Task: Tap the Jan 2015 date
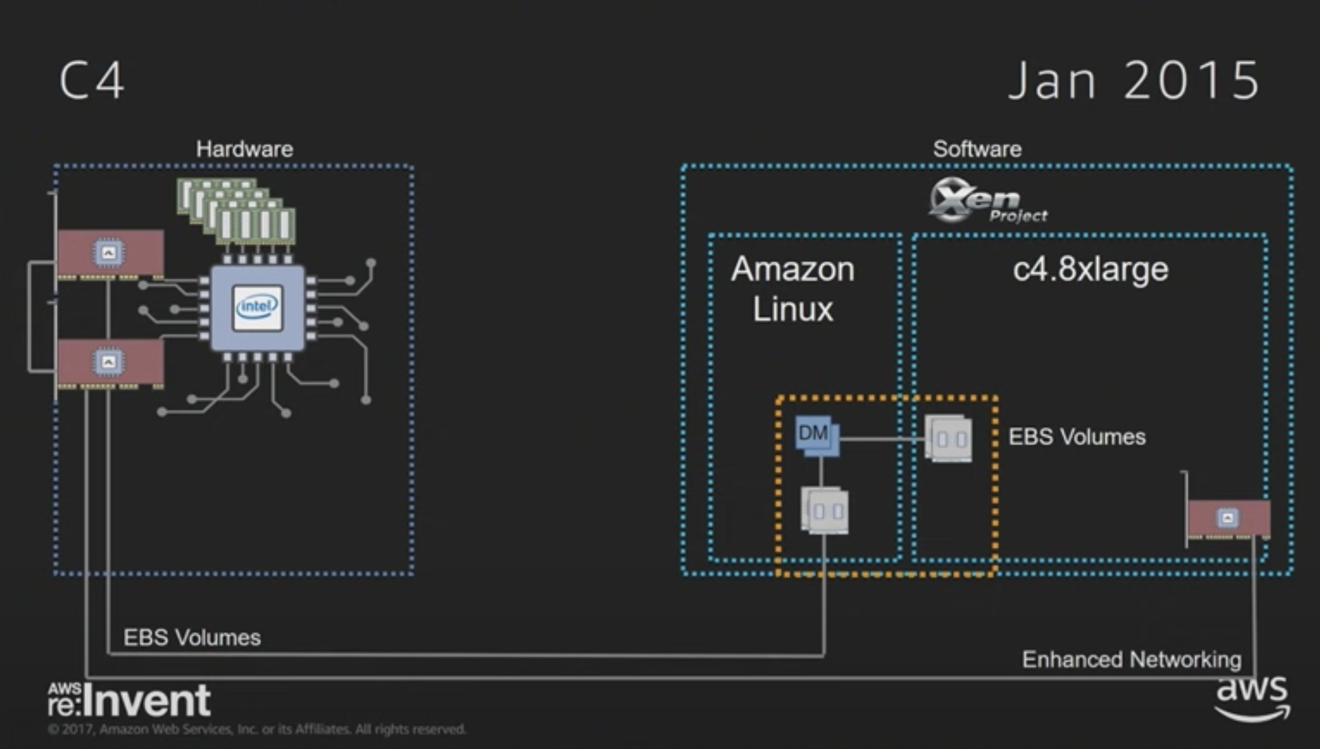tap(1134, 80)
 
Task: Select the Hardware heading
tap(244, 149)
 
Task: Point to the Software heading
tap(977, 149)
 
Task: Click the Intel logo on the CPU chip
tap(258, 307)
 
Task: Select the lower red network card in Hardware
tap(110, 362)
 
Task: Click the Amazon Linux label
tap(793, 289)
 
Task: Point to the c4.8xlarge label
tap(1090, 269)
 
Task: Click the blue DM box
tap(816, 435)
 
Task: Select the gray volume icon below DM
tap(824, 510)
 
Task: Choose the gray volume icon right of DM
tap(949, 438)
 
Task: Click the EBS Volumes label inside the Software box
tap(1077, 437)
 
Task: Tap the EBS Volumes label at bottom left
tap(192, 638)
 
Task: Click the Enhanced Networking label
tap(1132, 660)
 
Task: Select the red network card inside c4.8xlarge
tap(1228, 519)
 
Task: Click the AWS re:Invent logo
tap(129, 700)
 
